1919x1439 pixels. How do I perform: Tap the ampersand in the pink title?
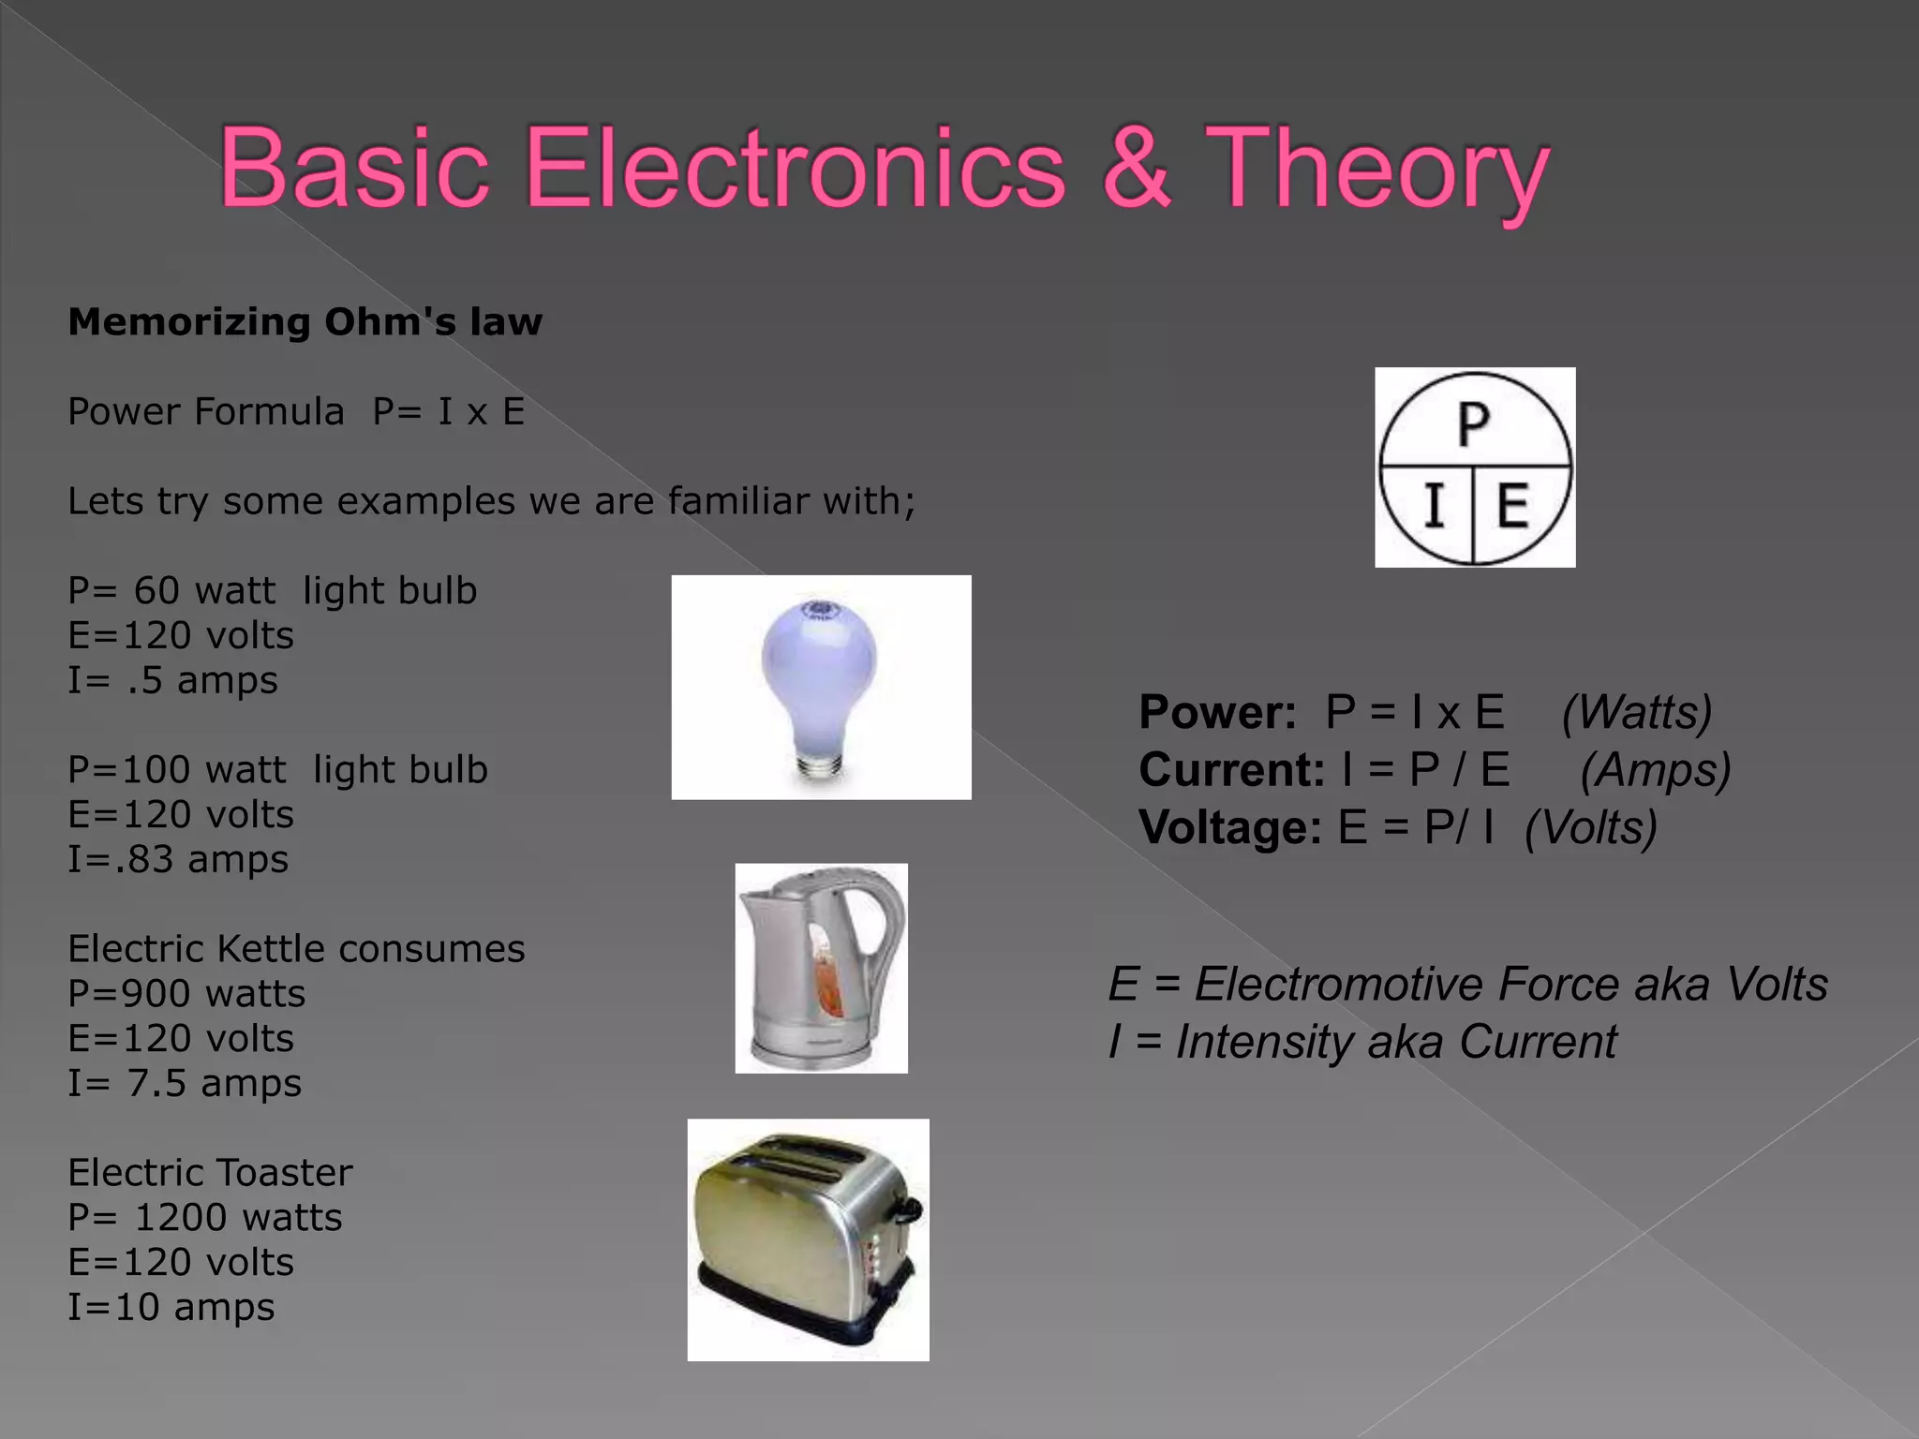[1136, 169]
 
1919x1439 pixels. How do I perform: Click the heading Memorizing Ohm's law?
[305, 322]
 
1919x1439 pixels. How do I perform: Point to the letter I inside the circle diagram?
[1433, 506]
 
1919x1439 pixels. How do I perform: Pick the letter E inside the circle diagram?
[1512, 506]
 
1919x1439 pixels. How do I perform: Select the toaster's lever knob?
[909, 1210]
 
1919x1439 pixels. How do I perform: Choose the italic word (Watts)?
[1636, 712]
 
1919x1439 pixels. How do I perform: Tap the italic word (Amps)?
[1655, 770]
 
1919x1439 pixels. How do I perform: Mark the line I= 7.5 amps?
[185, 1084]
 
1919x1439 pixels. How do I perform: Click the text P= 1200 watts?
[205, 1218]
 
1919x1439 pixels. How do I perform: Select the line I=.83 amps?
[178, 860]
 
